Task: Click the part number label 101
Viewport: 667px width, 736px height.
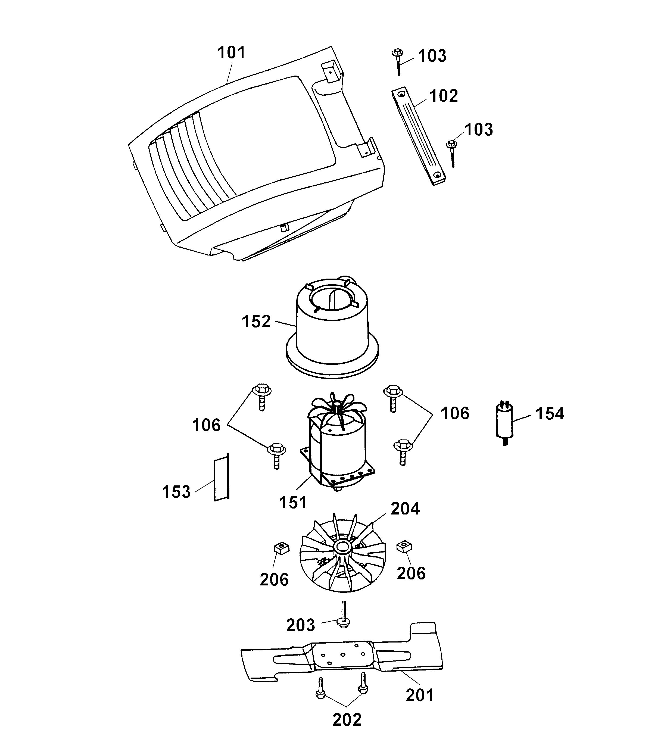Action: coord(232,53)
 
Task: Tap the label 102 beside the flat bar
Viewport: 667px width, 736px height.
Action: coord(443,96)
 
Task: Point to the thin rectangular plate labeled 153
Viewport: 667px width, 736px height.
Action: coord(221,479)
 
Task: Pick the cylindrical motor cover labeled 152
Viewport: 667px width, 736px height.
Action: coord(332,329)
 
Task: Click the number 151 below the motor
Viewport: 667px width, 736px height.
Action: coord(293,503)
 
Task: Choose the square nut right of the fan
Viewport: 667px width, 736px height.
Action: coord(404,547)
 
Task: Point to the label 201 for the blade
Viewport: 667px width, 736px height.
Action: coord(420,696)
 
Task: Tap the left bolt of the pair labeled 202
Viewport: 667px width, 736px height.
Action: coord(320,687)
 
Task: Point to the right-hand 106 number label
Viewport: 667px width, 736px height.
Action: coord(454,414)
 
